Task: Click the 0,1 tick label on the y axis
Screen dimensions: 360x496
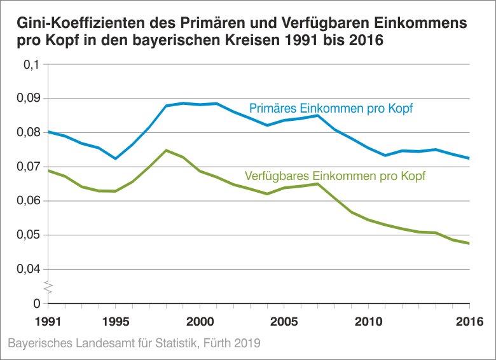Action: pos(32,64)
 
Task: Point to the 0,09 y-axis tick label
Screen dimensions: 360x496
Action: pos(29,99)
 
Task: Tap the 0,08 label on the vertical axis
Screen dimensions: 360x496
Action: pos(29,133)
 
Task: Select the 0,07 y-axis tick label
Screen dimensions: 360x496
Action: pos(29,167)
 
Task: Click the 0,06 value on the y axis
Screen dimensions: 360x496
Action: pos(29,201)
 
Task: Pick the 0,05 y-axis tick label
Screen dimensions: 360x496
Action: pos(29,235)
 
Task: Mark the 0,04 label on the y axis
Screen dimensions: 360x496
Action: pos(29,269)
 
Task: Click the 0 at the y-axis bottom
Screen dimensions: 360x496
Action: pos(37,303)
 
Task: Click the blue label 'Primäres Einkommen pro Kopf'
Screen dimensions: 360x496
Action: pos(331,109)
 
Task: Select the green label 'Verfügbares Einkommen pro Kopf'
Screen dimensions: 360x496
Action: pos(334,175)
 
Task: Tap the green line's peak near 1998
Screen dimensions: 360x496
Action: pos(166,150)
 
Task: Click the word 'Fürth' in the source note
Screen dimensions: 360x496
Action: pos(214,344)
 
